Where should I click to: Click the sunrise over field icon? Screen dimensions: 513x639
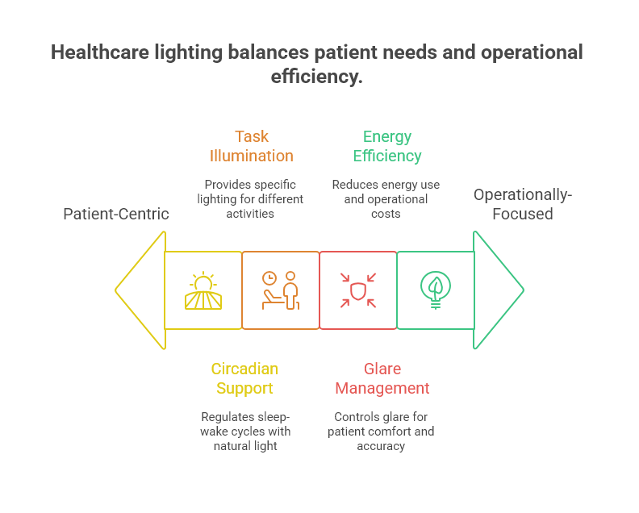tap(203, 290)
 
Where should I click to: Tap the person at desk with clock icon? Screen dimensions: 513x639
tap(280, 290)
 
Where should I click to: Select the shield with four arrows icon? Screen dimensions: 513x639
tap(357, 290)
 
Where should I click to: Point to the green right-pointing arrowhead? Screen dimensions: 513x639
tap(497, 290)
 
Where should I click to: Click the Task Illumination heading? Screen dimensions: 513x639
tap(251, 146)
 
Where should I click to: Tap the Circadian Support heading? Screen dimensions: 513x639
tap(244, 378)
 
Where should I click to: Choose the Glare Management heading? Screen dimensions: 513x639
tap(382, 378)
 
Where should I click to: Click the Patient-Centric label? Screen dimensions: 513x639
tap(116, 214)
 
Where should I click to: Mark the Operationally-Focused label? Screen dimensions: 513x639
tap(522, 204)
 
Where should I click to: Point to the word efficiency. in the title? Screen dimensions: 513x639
tap(316, 77)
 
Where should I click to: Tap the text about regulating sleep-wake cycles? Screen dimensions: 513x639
tap(244, 431)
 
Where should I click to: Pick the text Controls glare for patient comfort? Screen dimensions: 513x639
tap(381, 431)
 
